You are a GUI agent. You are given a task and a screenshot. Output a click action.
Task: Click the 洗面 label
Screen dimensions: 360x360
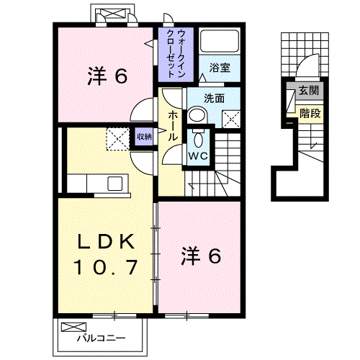coord(214,98)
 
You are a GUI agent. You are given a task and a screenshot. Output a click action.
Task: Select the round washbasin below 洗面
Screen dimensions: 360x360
coord(197,116)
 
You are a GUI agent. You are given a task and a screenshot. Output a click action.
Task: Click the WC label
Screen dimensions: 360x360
coord(198,155)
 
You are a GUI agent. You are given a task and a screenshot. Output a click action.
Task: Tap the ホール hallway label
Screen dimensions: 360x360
coord(174,125)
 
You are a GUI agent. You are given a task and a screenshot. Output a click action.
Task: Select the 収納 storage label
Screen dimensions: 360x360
coord(143,135)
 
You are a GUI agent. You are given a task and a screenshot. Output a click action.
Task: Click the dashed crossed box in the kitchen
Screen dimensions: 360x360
coord(116,137)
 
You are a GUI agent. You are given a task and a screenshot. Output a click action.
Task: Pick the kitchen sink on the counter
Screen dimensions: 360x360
coord(115,184)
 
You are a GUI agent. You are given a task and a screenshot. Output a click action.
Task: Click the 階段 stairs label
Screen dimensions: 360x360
coord(310,112)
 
